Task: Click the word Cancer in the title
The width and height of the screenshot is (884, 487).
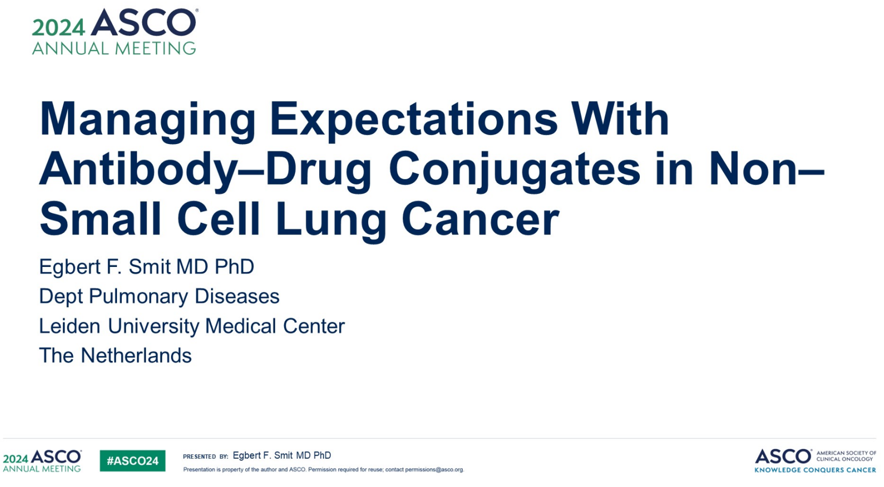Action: tap(480, 219)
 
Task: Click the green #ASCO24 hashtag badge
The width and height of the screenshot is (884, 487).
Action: tap(132, 460)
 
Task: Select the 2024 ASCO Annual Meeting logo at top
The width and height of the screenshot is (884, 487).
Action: tap(114, 31)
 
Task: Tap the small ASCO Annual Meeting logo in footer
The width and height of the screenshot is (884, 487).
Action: tap(42, 460)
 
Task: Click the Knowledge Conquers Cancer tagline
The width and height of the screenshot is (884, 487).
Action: tap(815, 470)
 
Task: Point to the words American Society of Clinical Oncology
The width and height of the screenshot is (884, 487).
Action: tap(846, 456)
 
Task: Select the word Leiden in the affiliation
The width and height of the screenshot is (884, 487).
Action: tap(70, 326)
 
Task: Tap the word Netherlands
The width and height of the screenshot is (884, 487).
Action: tap(136, 355)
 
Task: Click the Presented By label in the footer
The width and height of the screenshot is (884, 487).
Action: tap(206, 457)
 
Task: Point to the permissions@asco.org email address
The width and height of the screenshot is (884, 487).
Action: tap(434, 469)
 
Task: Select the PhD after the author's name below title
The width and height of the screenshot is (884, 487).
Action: tap(234, 266)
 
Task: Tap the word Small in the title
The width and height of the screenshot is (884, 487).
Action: tap(101, 219)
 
